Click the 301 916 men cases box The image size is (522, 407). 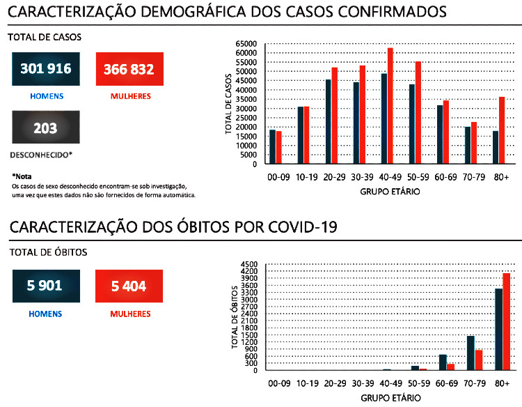point(46,69)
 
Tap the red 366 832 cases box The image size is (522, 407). point(129,69)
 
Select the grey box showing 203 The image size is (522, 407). point(46,128)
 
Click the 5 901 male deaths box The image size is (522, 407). point(46,285)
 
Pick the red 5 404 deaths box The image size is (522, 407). point(129,285)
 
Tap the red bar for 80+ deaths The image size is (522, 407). point(507,321)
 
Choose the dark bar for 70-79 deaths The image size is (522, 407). point(470,353)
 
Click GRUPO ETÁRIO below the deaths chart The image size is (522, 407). point(390,399)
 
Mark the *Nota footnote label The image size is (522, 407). point(22,176)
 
